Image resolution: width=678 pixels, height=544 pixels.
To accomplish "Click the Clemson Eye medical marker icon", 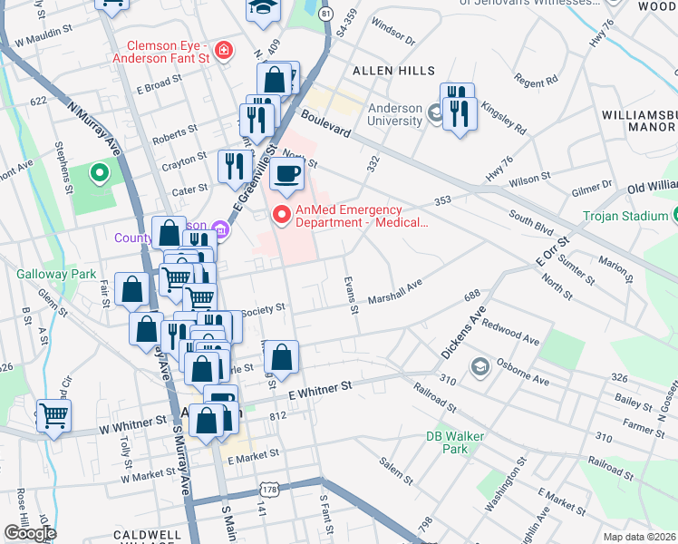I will click(223, 51).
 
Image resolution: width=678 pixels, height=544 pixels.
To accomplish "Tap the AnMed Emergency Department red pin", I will click(282, 215).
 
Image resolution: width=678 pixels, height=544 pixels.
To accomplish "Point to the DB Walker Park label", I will click(455, 442).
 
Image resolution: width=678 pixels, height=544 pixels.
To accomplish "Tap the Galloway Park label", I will click(44, 273).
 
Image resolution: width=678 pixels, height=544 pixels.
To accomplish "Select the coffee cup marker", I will click(287, 172).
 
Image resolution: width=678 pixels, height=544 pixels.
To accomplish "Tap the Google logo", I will click(29, 533).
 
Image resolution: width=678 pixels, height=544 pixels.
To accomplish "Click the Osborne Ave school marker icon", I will click(479, 367).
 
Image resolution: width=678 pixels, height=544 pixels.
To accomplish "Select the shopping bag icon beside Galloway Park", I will click(132, 290).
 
